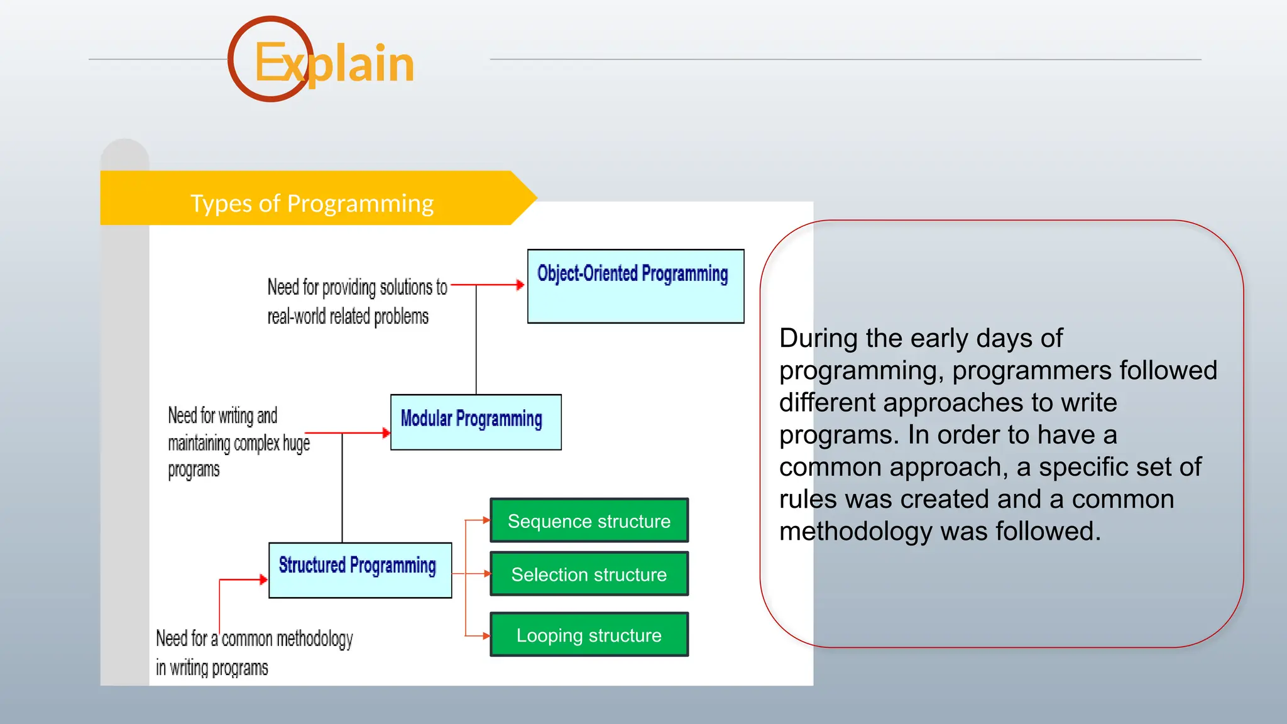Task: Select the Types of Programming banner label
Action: [x=312, y=204]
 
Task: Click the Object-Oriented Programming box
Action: [x=635, y=287]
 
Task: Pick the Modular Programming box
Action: [x=476, y=422]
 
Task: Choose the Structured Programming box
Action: [x=359, y=569]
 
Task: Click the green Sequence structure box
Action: [x=589, y=520]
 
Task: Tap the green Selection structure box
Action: [x=589, y=574]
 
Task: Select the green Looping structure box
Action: [x=589, y=635]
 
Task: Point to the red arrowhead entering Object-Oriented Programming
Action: [x=520, y=285]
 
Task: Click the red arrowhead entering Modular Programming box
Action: [x=386, y=433]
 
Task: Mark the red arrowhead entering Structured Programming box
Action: [x=263, y=579]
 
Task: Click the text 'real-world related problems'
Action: [x=348, y=316]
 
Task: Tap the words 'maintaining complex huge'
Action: [x=239, y=443]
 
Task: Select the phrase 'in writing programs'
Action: [x=212, y=667]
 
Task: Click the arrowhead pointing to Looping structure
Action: [x=486, y=636]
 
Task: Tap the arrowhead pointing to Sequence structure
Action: [x=486, y=520]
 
